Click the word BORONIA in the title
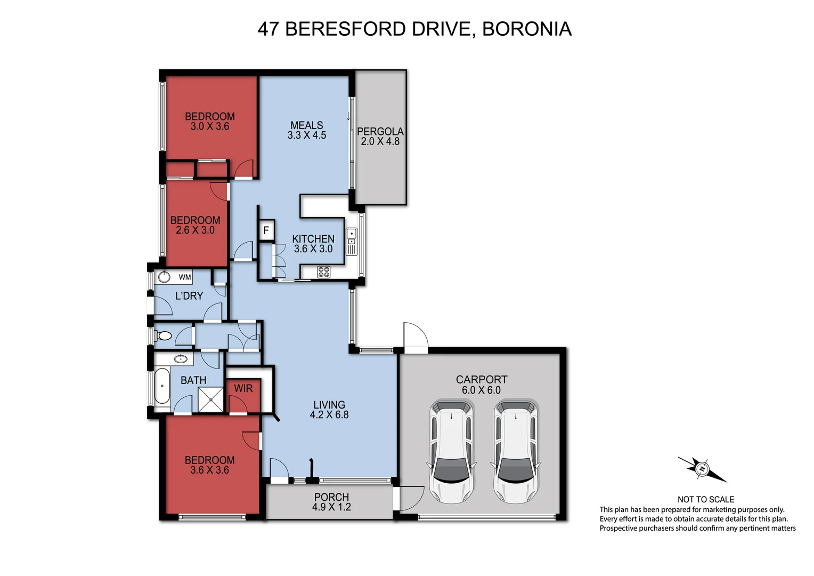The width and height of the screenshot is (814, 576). (x=526, y=29)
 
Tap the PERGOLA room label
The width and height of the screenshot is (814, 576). (x=380, y=131)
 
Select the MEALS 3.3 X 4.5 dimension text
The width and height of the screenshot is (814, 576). (x=306, y=135)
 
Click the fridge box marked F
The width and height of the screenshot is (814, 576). (x=266, y=231)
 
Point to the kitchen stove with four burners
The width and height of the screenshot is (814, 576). (x=323, y=272)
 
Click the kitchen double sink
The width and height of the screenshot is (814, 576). (x=352, y=241)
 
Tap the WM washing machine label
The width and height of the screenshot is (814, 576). (x=184, y=277)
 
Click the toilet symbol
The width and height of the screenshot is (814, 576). (x=164, y=336)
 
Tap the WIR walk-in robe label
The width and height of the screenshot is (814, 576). (x=243, y=389)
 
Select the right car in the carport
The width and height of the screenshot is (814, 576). (x=516, y=451)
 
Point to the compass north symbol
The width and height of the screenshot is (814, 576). (x=703, y=469)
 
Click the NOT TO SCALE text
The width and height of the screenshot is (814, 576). (x=705, y=500)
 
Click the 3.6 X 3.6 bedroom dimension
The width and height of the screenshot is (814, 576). (x=209, y=470)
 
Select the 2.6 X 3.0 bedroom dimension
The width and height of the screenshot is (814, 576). (x=195, y=230)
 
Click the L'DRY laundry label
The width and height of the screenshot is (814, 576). (x=189, y=296)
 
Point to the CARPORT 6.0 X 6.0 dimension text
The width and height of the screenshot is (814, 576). (x=481, y=390)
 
